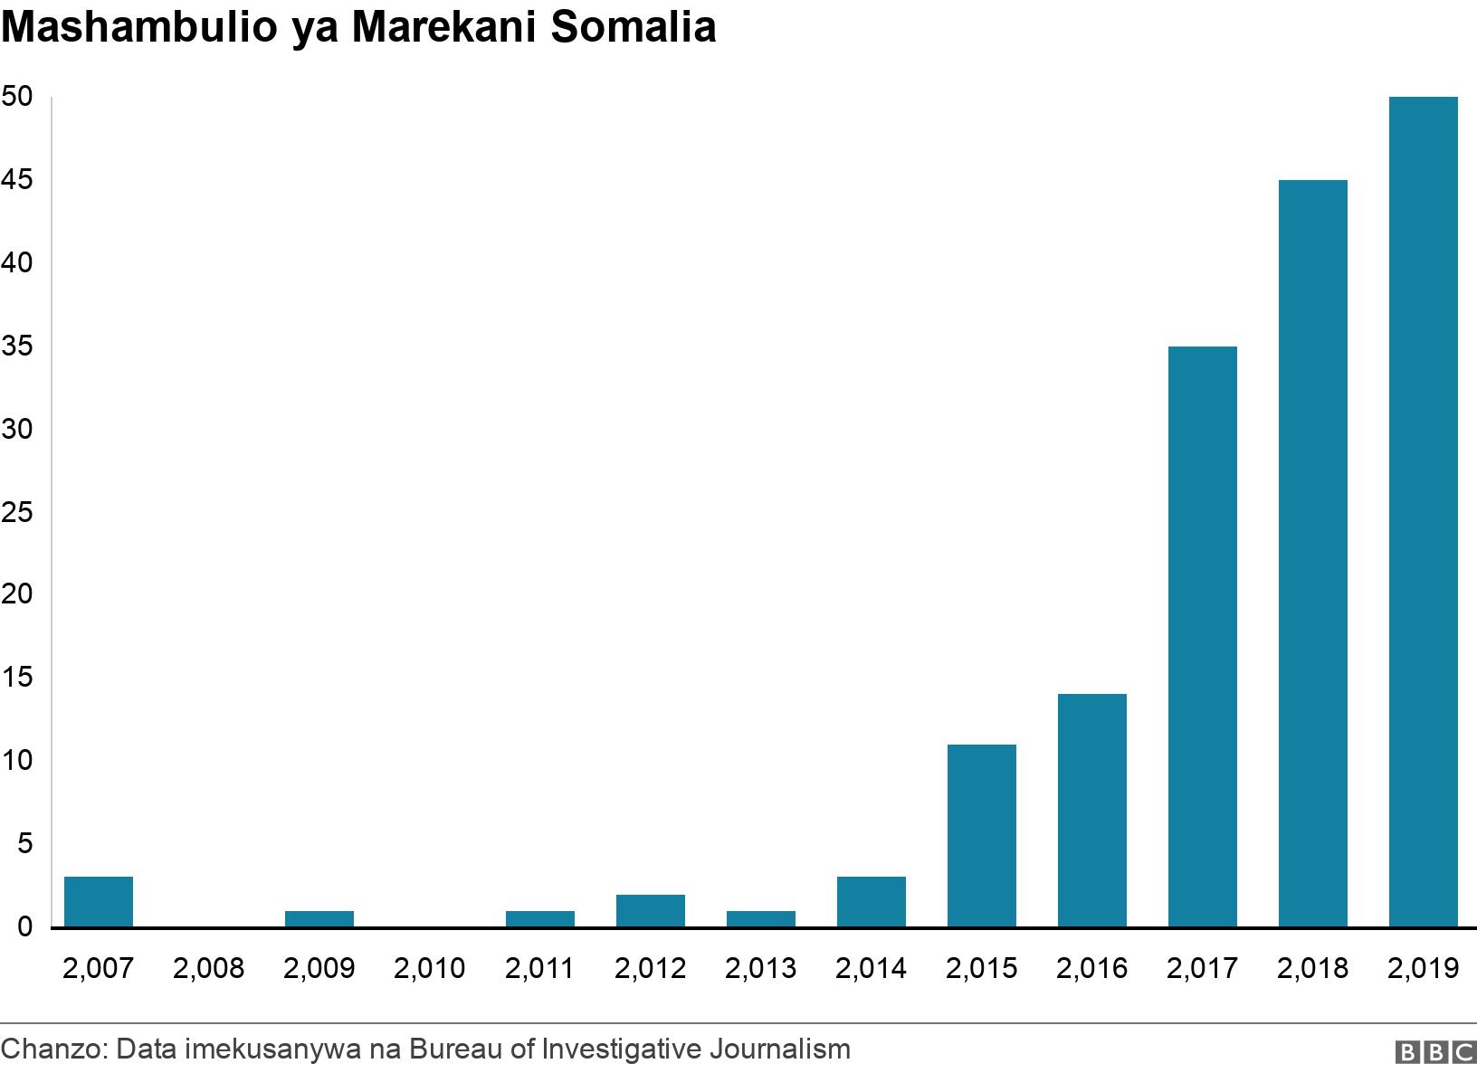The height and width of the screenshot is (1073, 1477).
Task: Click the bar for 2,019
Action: tap(1423, 511)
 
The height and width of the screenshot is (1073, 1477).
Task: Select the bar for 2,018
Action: tap(1312, 553)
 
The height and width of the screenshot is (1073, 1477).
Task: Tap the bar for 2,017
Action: tap(1202, 636)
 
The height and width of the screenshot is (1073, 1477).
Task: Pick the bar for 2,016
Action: tap(1091, 810)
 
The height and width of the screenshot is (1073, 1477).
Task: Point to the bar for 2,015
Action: tap(981, 835)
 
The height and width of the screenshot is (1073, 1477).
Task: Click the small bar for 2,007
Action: tap(99, 901)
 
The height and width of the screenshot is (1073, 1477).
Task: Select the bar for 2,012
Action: tap(650, 910)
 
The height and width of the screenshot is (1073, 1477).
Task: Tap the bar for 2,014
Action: tap(871, 901)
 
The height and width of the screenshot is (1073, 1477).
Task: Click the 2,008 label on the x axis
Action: tap(208, 969)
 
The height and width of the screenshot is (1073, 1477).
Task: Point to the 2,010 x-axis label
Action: tap(429, 969)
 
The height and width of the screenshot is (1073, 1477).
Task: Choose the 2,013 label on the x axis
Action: tap(760, 969)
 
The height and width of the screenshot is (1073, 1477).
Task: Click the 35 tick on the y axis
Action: tap(17, 347)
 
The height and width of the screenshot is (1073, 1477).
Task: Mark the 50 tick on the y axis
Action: tap(17, 97)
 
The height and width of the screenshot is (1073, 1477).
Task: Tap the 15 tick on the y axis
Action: tap(17, 678)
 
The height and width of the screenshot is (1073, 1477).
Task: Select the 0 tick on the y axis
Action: tap(24, 927)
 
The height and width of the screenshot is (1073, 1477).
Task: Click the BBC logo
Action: tap(1434, 1052)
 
